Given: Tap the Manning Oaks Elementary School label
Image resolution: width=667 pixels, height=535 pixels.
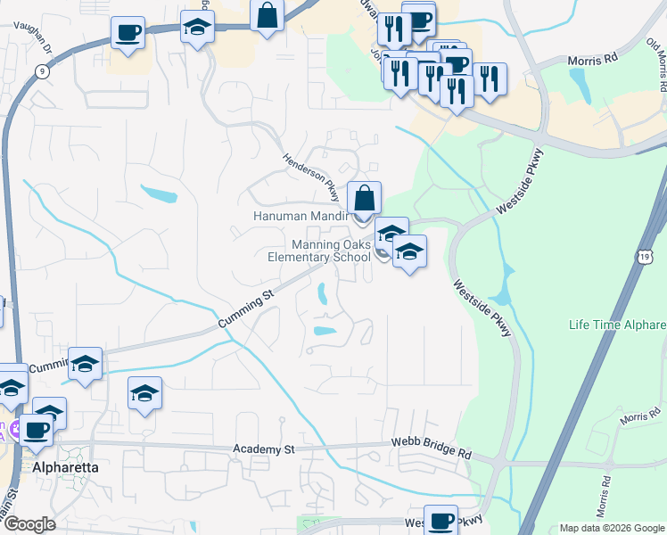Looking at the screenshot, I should (319, 251).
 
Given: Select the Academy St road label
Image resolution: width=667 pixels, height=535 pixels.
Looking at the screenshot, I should (263, 449).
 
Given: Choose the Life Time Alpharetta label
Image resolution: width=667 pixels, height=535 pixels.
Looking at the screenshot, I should (618, 324).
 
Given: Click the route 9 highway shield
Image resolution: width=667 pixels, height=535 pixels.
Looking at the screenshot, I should (43, 70).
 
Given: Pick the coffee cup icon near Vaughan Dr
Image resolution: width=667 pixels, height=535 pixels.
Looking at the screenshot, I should (128, 34).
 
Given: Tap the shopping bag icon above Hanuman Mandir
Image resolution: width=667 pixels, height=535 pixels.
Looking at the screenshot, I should (364, 196).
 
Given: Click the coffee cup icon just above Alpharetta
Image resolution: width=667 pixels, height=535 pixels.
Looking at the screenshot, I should (37, 430).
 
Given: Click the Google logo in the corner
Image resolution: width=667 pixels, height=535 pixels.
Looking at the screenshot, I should (29, 525).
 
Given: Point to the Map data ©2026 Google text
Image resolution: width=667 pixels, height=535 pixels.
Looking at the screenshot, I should (612, 528).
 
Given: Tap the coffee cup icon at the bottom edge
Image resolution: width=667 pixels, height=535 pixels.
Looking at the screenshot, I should (441, 520).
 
